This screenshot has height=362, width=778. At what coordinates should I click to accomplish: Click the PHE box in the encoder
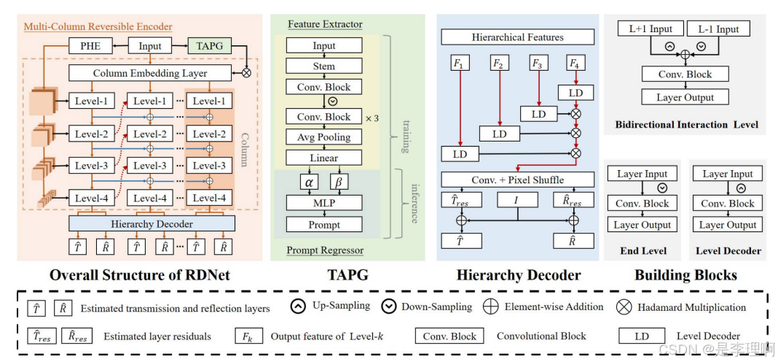point(90,46)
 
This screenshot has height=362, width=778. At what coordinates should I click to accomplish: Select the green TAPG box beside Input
point(208,46)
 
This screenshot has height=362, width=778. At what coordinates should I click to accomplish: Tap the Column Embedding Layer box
point(150,73)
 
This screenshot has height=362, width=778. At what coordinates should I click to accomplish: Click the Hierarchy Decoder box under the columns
point(152,223)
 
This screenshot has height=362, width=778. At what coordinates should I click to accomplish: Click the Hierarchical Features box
point(518,36)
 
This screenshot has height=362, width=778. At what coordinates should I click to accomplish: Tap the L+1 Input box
point(650,29)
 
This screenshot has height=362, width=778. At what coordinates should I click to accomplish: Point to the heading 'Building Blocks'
point(685,274)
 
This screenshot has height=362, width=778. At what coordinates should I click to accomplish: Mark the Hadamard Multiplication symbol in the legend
point(624,307)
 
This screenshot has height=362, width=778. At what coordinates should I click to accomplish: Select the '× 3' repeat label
point(372,118)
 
